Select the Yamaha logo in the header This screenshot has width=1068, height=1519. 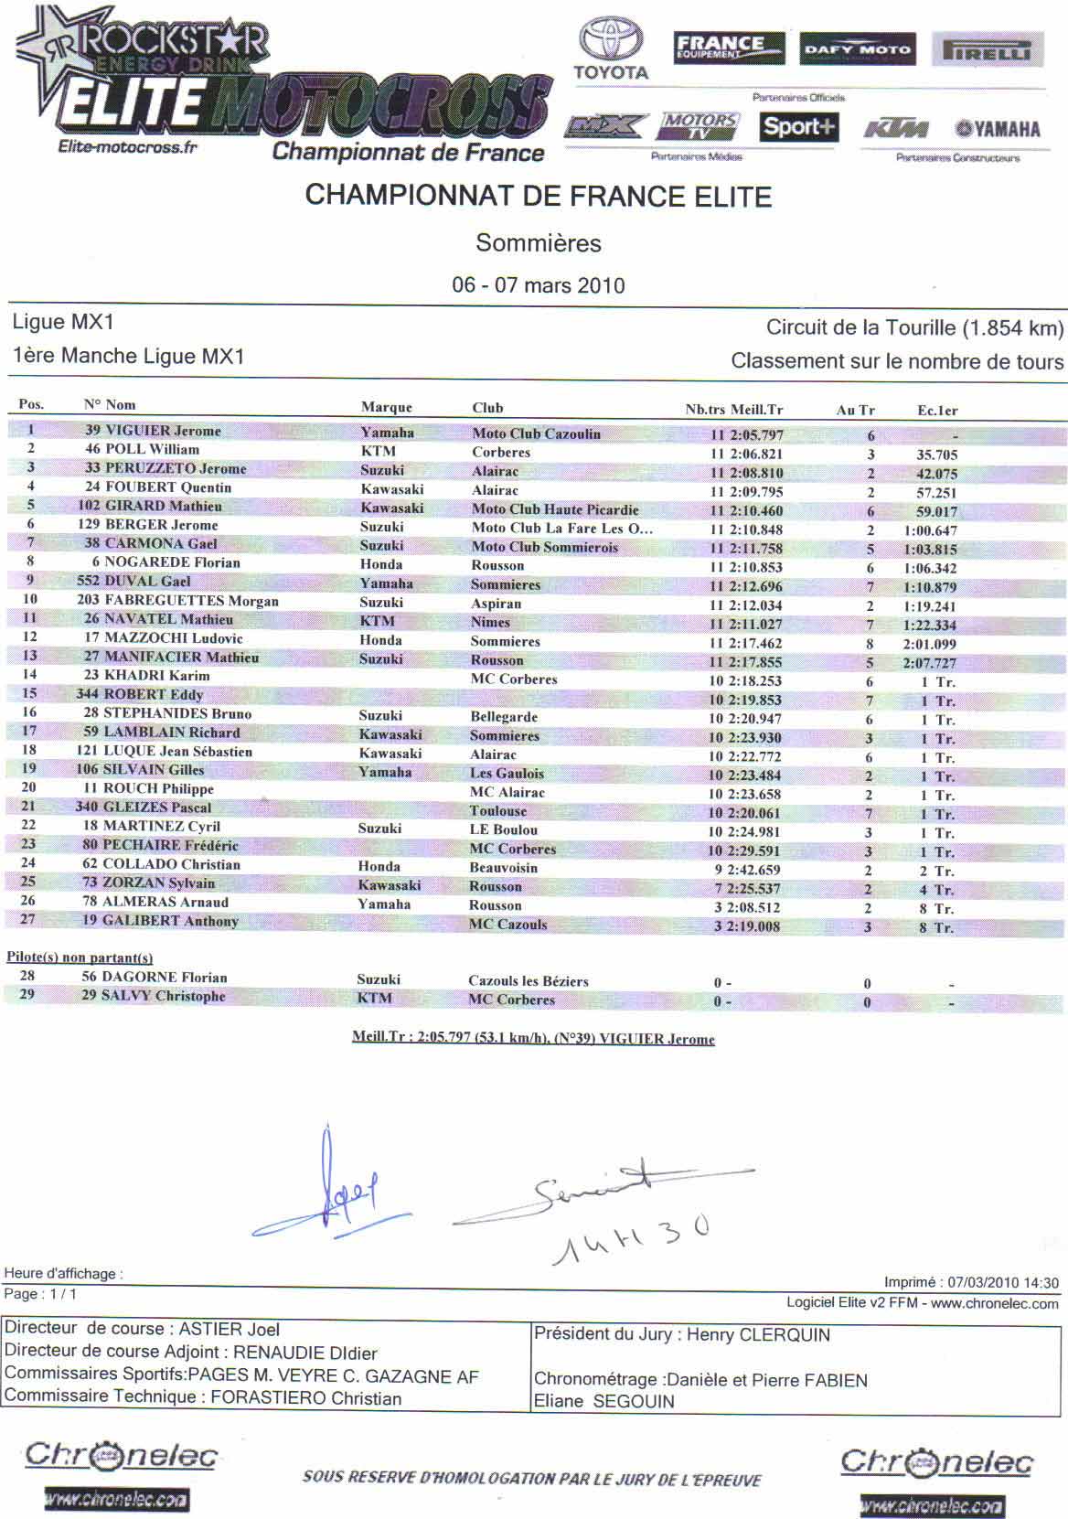pos(998,129)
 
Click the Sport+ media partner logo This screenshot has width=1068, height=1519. pos(798,127)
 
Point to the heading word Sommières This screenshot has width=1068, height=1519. pos(538,243)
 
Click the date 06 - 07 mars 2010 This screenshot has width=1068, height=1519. pos(538,284)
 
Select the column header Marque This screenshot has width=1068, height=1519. pos(386,408)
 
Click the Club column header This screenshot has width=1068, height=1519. pos(487,408)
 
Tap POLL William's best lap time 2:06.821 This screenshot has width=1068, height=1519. pos(756,454)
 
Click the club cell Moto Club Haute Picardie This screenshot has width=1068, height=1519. pos(555,509)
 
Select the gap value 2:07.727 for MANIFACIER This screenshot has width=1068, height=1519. pos(930,663)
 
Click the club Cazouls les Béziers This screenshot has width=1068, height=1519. pos(528,981)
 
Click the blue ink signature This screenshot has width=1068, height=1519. pos(329,1188)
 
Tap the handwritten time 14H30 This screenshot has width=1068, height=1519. pos(630,1238)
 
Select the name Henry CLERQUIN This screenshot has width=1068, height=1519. pos(758,1334)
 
